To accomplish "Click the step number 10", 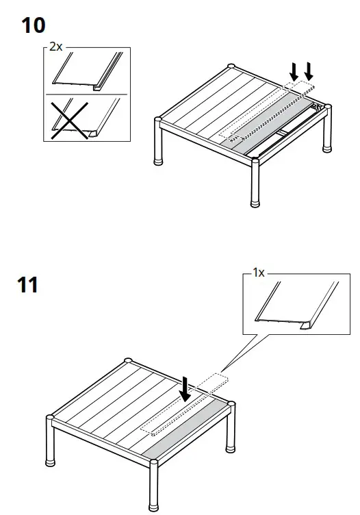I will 34,26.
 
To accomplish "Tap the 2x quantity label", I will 55,47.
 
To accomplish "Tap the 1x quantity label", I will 259,272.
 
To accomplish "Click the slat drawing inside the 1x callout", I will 294,305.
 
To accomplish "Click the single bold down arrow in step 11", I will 185,391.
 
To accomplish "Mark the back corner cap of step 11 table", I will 128,360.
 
